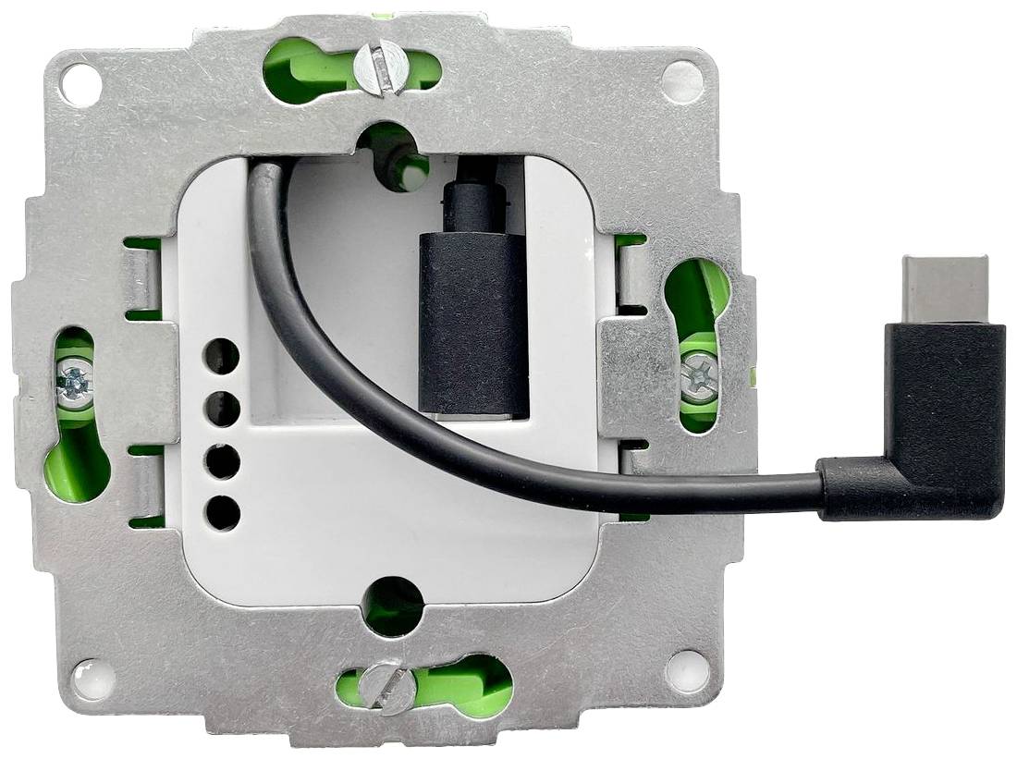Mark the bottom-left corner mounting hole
coord(94,679)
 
